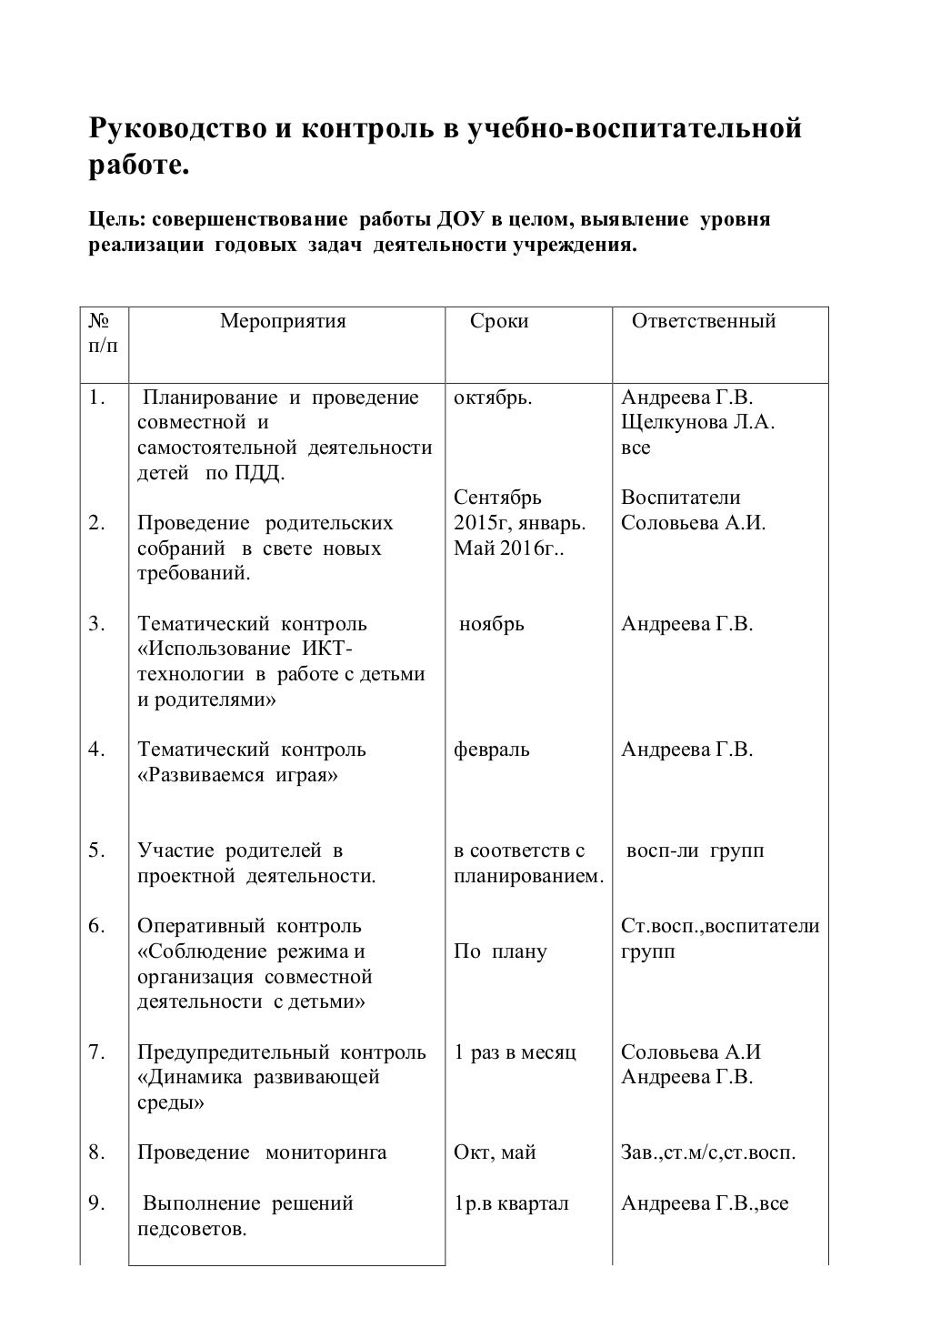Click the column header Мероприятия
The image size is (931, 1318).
pyautogui.click(x=283, y=321)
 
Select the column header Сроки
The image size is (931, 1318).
pyautogui.click(x=499, y=321)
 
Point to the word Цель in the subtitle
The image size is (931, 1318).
pyautogui.click(x=114, y=220)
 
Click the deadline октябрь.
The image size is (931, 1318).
pyautogui.click(x=493, y=398)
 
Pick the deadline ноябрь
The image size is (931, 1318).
pyautogui.click(x=492, y=624)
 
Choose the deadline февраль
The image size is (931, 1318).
pyautogui.click(x=492, y=750)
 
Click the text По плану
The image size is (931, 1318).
pyautogui.click(x=500, y=951)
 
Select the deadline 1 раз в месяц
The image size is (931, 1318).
pyautogui.click(x=515, y=1052)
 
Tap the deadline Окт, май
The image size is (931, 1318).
pyautogui.click(x=495, y=1152)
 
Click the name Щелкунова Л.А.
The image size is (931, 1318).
pyautogui.click(x=697, y=423)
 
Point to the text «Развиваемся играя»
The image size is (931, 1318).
pyautogui.click(x=237, y=775)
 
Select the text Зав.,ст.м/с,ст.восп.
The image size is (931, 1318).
pyautogui.click(x=708, y=1152)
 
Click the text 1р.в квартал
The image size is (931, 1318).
pyautogui.click(x=511, y=1203)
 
